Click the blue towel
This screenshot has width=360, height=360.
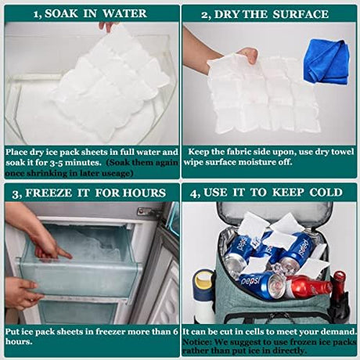coord(326,62)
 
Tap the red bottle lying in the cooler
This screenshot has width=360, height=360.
coord(308,287)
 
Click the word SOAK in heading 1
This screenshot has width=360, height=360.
coord(61,13)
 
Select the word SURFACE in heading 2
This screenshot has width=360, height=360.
coord(301,14)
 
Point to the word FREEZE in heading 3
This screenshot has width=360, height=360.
coord(49,193)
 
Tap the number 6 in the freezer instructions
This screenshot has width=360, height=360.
coord(175,332)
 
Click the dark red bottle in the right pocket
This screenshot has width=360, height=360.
coord(339,295)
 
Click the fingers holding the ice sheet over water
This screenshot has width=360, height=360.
coord(107,27)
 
